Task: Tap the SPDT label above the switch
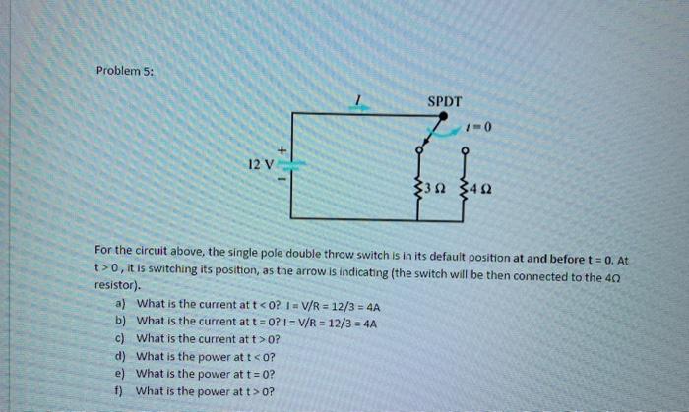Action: click(445, 99)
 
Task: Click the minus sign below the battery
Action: click(283, 180)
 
